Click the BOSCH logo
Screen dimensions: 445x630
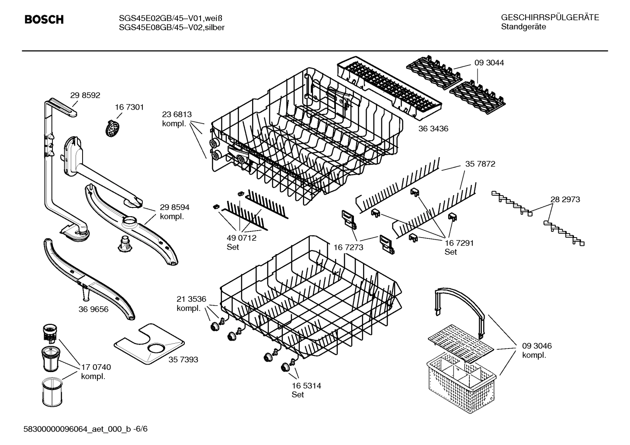coord(44,20)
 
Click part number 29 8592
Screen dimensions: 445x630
coord(85,95)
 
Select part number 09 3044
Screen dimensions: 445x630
coord(489,63)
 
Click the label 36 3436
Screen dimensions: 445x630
coord(433,129)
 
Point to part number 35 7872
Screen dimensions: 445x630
coord(480,164)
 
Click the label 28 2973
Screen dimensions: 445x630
coord(565,199)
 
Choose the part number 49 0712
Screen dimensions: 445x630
coord(241,238)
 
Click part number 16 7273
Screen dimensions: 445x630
coord(348,248)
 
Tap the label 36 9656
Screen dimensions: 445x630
coord(93,309)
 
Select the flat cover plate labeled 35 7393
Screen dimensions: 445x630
coord(149,343)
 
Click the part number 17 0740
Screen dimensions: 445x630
coord(96,367)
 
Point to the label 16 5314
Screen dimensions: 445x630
coord(306,386)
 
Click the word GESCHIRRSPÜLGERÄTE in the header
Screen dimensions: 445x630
coord(550,18)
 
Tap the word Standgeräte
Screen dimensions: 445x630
coord(523,27)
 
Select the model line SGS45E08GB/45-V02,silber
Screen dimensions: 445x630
coord(172,28)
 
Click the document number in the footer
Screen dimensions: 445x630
coord(85,429)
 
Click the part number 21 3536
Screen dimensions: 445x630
coord(191,299)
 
